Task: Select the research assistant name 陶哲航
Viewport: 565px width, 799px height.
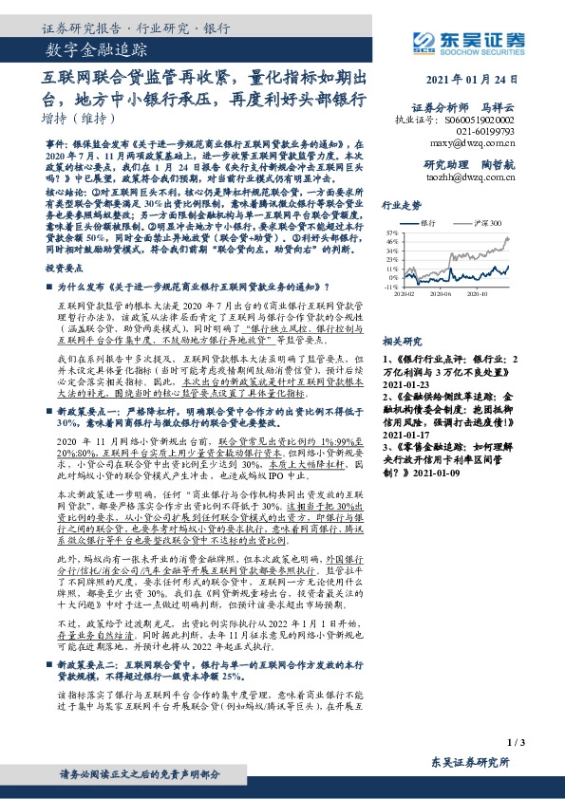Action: [x=520, y=164]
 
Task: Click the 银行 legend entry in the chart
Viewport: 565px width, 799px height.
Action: [x=446, y=219]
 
